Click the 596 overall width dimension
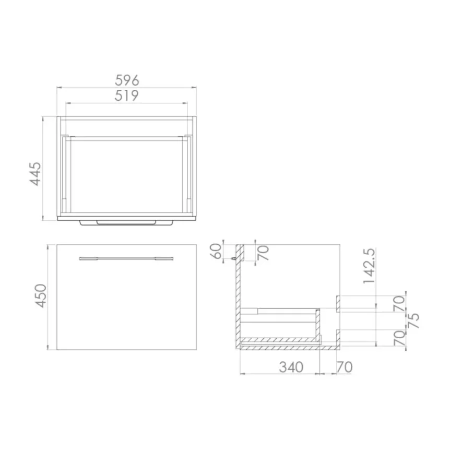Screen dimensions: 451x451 tap(127, 80)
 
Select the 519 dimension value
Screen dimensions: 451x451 tap(127, 96)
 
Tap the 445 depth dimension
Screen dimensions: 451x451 tap(35, 173)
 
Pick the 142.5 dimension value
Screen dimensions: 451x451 tap(370, 266)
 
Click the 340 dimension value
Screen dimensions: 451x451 tap(291, 367)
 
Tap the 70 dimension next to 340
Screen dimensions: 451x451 tap(345, 367)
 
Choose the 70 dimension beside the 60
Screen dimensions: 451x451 tap(264, 253)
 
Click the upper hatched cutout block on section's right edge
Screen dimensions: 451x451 tap(338, 303)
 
